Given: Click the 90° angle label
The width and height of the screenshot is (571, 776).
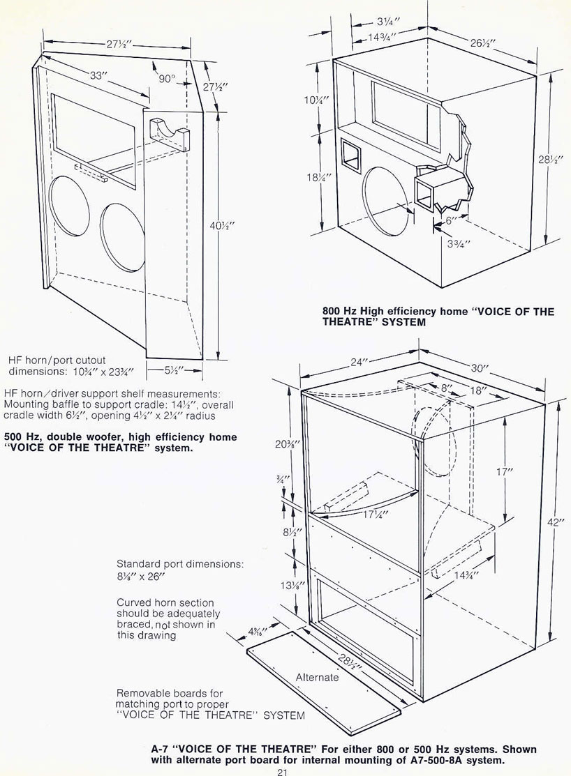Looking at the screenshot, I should (166, 79).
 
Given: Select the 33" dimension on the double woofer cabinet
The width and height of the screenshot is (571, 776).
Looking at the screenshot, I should (98, 76).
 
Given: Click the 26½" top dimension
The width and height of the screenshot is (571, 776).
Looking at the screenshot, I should (482, 43).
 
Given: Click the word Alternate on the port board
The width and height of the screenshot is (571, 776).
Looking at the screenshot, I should (317, 677).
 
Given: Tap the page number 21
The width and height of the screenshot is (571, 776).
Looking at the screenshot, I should (282, 770).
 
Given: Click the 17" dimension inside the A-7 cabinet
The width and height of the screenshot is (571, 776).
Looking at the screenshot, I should (505, 471).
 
